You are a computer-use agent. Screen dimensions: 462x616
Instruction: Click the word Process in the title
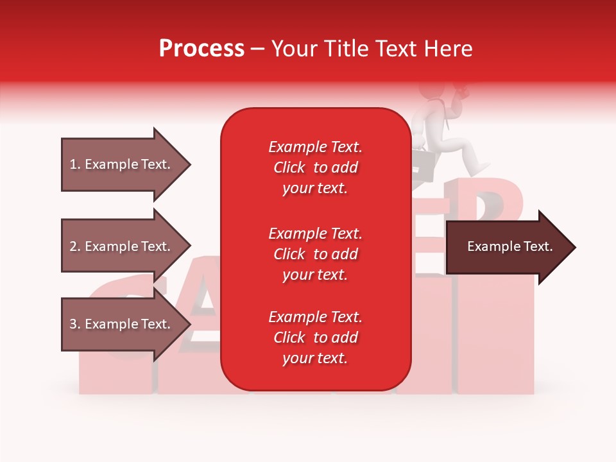pos(201,49)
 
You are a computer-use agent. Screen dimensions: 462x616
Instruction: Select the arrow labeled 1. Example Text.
pos(122,164)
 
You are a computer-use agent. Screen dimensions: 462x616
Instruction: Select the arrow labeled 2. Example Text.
pos(122,246)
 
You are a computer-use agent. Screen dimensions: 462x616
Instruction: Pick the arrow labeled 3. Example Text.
pos(122,324)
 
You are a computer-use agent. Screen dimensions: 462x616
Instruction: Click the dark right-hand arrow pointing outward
pos(507,247)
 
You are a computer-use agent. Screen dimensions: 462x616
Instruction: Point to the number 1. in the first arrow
pos(75,164)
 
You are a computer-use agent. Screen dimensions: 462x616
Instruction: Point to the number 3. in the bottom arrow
pos(75,324)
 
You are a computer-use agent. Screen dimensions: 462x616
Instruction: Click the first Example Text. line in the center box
pos(315,147)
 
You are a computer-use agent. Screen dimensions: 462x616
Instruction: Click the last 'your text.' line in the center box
pos(315,358)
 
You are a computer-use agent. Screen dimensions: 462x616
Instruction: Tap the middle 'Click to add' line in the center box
pos(315,254)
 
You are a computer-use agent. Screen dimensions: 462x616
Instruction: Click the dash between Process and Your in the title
pos(258,49)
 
